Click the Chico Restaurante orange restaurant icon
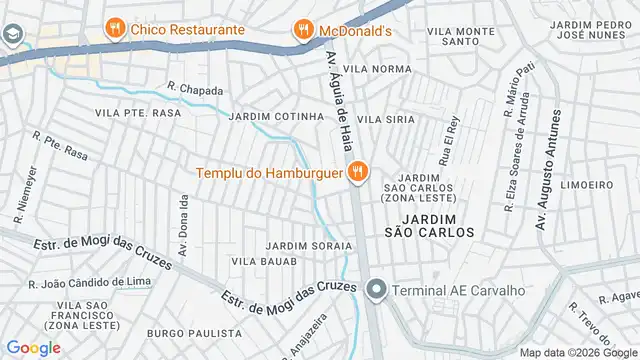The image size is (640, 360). (116, 29)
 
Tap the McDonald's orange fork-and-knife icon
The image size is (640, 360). (301, 31)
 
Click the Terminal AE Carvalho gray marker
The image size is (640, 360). (376, 291)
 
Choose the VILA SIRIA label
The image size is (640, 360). (386, 119)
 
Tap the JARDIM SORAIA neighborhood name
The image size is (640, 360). (308, 245)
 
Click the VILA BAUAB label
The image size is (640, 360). (264, 261)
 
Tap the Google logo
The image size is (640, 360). (33, 347)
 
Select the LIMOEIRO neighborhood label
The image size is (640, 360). (587, 185)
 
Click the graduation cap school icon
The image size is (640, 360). (13, 35)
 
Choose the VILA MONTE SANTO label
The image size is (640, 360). (460, 37)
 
